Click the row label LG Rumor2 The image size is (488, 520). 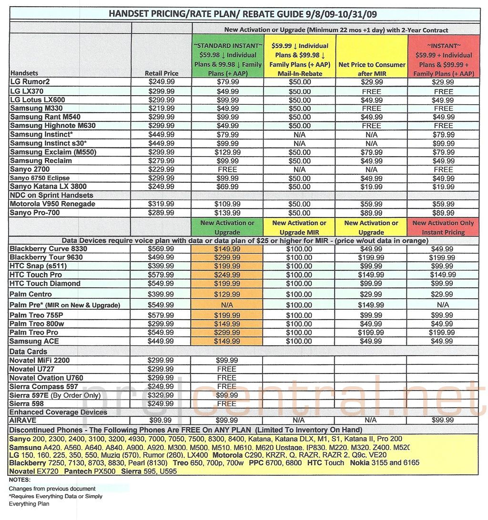(30, 82)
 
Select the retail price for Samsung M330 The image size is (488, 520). (162, 108)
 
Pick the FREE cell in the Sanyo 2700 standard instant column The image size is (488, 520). (227, 169)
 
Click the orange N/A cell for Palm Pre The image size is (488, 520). (227, 305)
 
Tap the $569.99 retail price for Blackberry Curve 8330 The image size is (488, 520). (162, 249)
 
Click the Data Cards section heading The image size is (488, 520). (28, 351)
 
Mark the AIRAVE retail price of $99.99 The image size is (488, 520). (161, 421)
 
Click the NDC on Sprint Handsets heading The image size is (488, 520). (51, 195)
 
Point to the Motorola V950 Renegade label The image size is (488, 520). (52, 204)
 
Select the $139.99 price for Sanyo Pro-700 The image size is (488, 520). (227, 213)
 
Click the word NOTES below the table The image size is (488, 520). (20, 480)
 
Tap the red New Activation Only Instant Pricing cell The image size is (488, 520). (443, 227)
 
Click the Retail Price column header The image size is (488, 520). (162, 73)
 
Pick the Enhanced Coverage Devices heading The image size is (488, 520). (59, 412)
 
